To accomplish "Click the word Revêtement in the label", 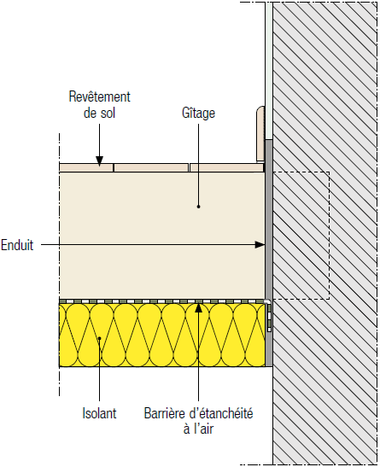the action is tap(99, 96).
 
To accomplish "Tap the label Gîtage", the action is tap(198, 113).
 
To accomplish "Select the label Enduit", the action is tap(17, 245).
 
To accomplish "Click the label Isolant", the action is tap(99, 413).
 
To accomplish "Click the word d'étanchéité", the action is tap(221, 413).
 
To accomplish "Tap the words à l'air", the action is tap(198, 429).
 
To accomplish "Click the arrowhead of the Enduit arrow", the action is tap(260, 245).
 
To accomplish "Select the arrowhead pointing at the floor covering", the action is tap(99, 161).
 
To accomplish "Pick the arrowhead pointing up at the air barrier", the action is tap(198, 307).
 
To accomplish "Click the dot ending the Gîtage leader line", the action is tap(198, 207).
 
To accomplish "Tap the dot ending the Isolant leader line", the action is tap(99, 338).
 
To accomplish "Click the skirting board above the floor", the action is tap(260, 134).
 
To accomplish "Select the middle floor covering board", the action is tap(151, 167).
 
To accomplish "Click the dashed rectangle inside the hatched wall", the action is tap(329, 236).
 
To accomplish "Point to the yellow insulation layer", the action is tap(162, 335).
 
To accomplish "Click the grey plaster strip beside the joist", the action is tap(269, 254).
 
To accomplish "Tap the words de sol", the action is tap(99, 113).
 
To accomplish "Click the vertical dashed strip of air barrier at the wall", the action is tap(269, 318).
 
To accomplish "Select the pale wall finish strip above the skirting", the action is tap(269, 71).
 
